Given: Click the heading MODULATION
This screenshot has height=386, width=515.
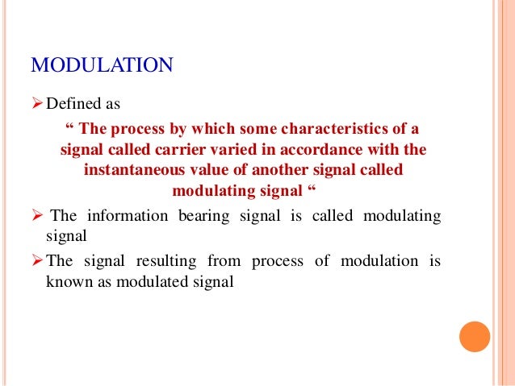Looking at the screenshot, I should click(102, 64).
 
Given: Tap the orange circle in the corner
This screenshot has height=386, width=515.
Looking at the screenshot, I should click(475, 336).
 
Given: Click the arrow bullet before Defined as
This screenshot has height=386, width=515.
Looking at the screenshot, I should click(37, 104).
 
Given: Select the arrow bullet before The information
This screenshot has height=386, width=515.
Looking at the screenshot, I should click(37, 216).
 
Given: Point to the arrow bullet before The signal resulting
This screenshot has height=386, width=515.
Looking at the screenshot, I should click(37, 261).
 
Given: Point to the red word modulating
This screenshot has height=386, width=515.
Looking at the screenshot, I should click(211, 192).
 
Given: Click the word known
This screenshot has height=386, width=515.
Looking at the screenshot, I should click(66, 282).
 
